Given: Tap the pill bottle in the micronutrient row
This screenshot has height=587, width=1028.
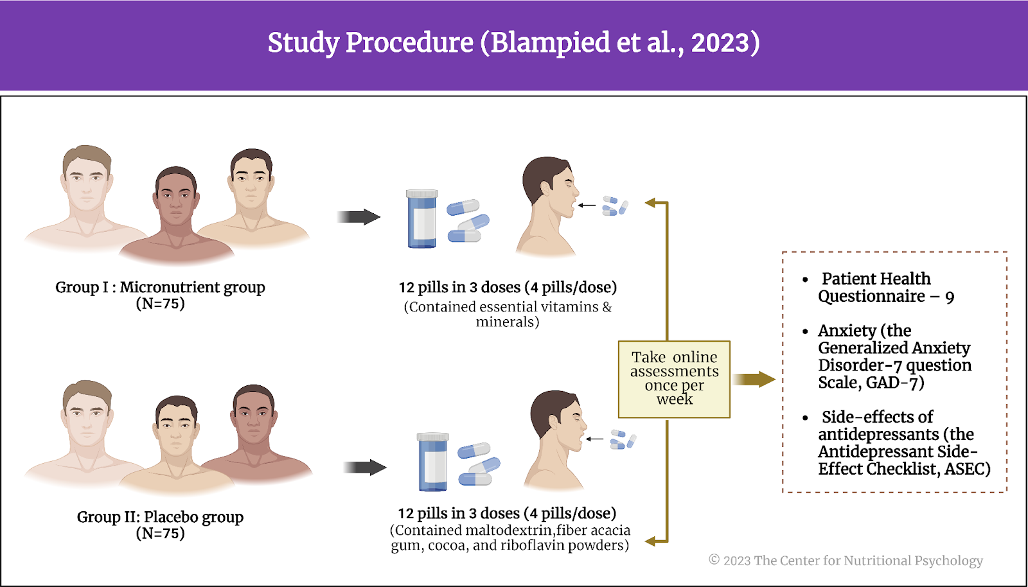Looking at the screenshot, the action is tap(421, 219).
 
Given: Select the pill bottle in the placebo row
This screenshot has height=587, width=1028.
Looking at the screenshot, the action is tap(433, 462).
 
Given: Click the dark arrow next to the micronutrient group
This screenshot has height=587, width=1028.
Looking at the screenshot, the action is tap(359, 217).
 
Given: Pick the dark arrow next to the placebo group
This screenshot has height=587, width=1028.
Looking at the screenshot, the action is tap(366, 468).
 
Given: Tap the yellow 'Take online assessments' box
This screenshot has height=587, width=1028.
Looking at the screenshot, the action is tap(674, 380).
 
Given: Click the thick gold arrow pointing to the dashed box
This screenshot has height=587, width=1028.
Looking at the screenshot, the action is tap(754, 380).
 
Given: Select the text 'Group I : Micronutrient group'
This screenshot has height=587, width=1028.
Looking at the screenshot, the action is tap(160, 287).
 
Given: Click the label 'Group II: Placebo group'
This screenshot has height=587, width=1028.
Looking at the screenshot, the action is tap(160, 517).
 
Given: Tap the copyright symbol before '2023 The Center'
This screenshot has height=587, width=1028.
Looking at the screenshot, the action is tap(714, 559).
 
